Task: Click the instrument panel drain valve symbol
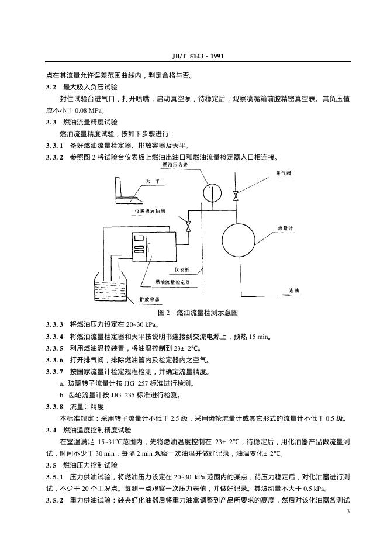(188, 225)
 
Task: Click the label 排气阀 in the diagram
(284, 174)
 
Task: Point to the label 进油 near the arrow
(293, 290)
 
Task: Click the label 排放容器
(150, 300)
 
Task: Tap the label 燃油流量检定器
(172, 282)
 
